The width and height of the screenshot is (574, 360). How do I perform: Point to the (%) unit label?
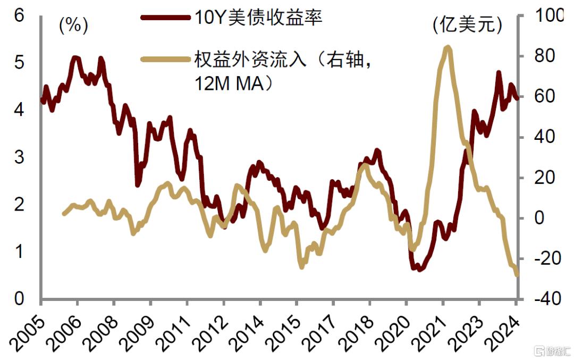[x=74, y=25]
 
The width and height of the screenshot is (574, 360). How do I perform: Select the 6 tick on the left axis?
[x=20, y=15]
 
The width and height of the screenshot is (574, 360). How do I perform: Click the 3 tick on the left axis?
[x=20, y=157]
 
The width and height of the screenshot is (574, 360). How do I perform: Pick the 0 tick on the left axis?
[x=20, y=299]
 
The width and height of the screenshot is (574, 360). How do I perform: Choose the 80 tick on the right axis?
[x=543, y=56]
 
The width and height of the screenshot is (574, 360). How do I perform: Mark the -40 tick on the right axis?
[x=543, y=299]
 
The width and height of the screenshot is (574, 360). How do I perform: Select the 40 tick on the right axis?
[x=543, y=137]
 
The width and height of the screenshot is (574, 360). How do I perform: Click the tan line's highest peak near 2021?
[x=448, y=47]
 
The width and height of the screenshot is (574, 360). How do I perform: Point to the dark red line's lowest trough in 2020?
[x=419, y=269]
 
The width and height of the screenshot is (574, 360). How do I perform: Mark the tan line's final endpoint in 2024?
[x=517, y=274]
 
